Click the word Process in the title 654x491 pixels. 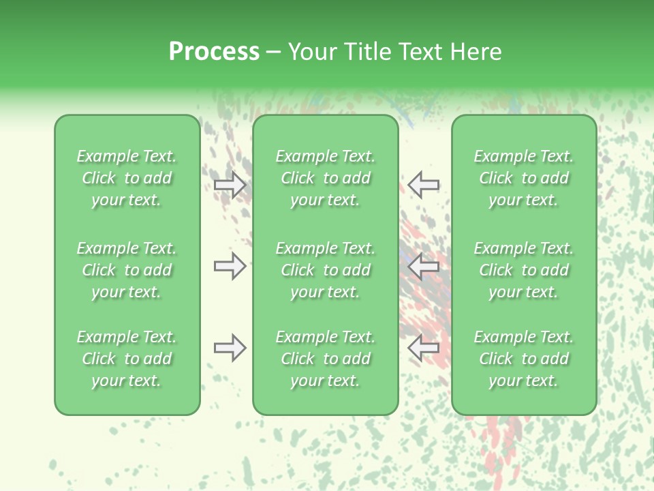214,52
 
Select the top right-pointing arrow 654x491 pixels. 230,185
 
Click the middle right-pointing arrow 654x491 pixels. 230,266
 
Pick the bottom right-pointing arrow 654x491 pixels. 230,348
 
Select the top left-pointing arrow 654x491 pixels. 423,185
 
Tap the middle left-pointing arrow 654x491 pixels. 423,266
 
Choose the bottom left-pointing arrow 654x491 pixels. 423,348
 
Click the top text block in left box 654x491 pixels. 127,178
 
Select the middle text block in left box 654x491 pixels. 127,270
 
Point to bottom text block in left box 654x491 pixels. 127,359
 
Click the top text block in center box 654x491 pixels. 325,178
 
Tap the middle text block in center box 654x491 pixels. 325,270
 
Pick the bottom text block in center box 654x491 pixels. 325,359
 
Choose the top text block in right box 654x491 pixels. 524,178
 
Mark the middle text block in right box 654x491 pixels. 524,270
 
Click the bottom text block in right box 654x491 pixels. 524,359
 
